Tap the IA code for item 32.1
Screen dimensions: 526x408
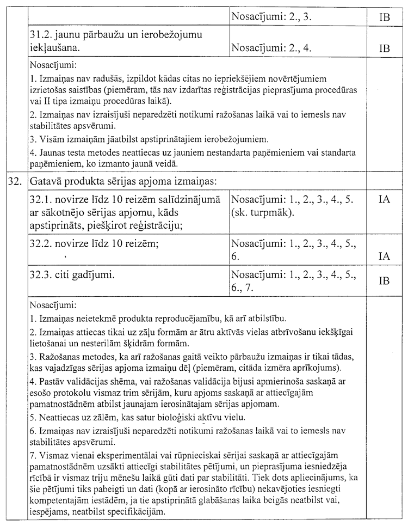(384, 200)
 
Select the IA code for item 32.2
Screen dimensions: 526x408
(384, 256)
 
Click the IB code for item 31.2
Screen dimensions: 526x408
(384, 48)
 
